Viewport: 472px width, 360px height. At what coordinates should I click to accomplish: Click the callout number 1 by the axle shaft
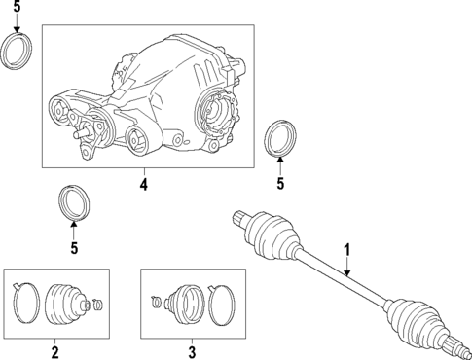tap(345, 250)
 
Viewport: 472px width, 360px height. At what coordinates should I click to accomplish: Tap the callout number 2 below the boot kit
tap(55, 351)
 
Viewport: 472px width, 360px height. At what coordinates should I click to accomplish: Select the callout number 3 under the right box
tap(192, 351)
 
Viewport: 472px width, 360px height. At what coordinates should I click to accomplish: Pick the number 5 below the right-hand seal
tap(279, 182)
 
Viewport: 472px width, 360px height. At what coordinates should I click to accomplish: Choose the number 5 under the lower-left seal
tap(73, 248)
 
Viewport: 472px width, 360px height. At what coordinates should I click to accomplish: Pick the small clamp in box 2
tap(108, 306)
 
